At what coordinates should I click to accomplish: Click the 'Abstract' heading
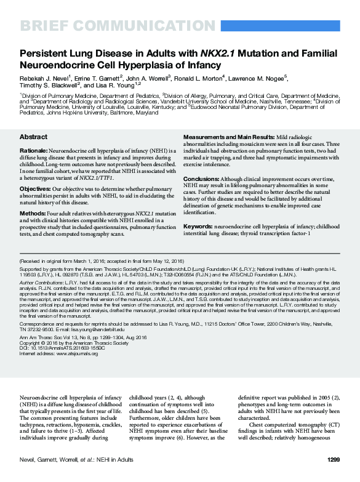(33, 137)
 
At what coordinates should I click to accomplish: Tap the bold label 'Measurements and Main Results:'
(227, 137)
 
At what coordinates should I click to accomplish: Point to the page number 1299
(334, 459)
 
